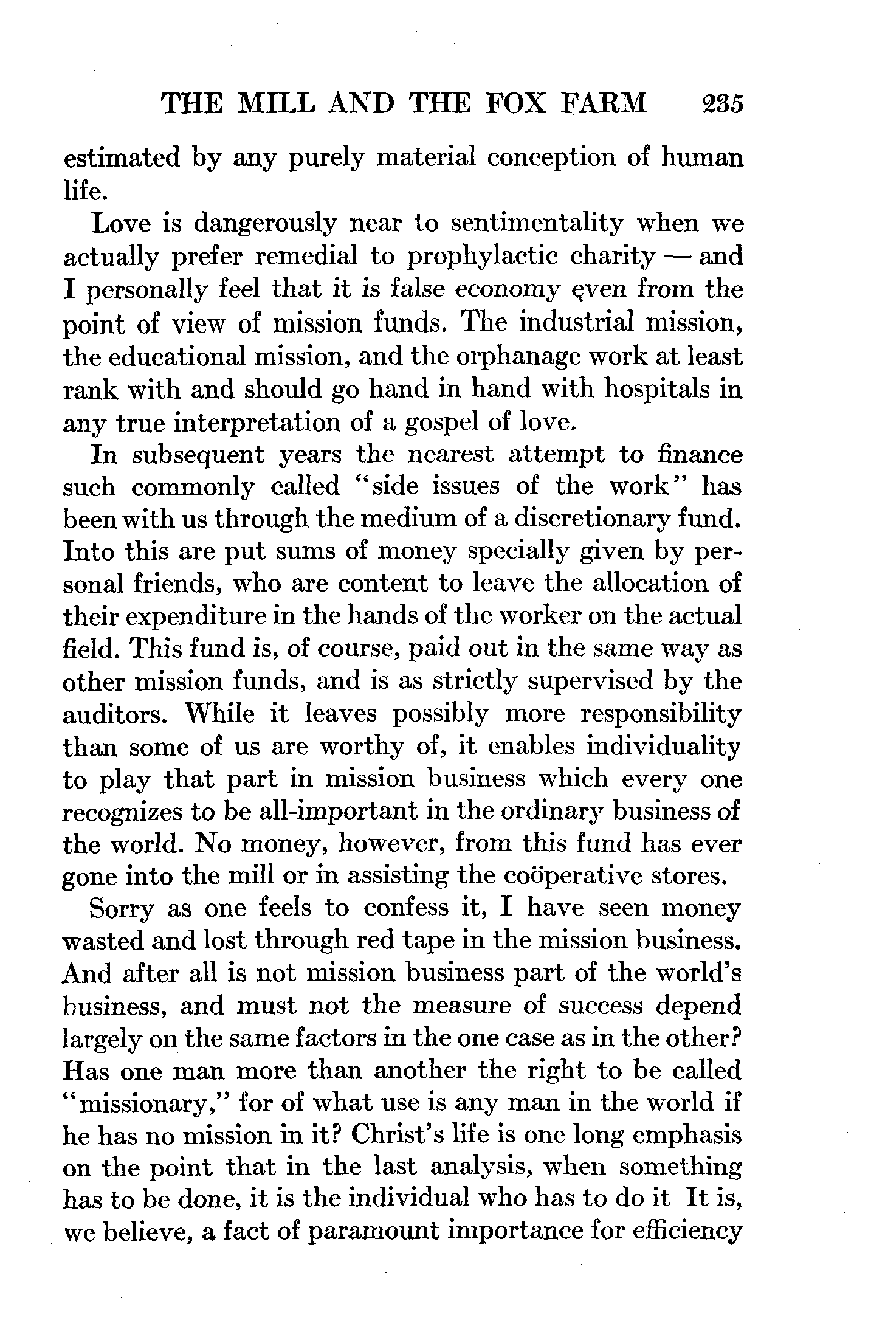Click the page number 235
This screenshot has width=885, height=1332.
point(721,103)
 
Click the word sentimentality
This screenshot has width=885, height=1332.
point(537,224)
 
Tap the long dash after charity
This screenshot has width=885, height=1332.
point(676,257)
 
